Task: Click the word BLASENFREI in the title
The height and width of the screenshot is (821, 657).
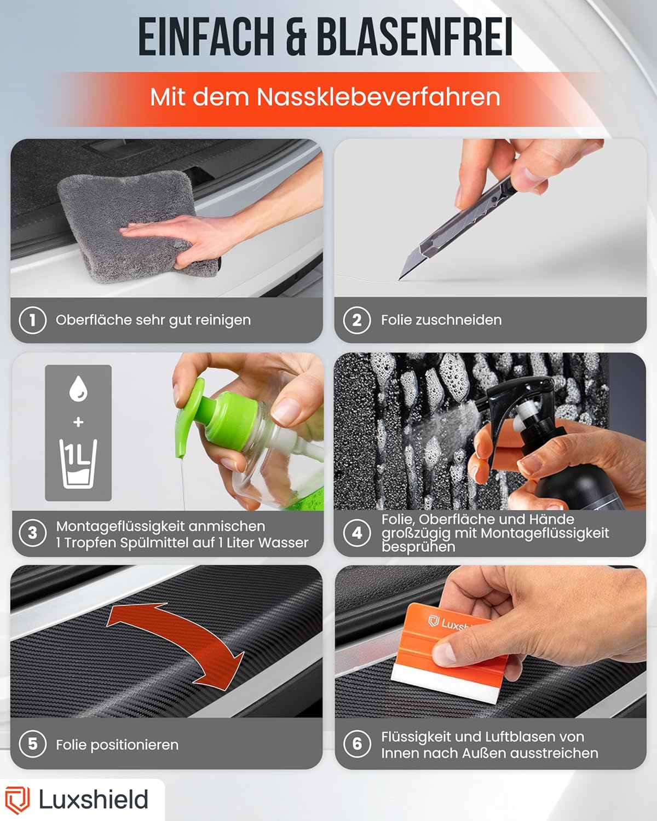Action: point(415,37)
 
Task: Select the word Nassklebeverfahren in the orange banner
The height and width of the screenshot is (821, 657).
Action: point(378,97)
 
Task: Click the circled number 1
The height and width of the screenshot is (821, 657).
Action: point(33,320)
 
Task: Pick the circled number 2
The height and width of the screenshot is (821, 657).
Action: point(357,320)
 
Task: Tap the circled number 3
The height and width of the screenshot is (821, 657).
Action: point(33,533)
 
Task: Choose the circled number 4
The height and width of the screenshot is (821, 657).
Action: point(357,533)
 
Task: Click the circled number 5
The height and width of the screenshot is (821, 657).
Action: point(33,744)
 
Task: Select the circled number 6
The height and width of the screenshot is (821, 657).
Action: point(357,744)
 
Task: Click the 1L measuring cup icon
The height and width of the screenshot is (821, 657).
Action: point(78,464)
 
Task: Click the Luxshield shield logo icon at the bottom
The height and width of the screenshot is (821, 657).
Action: point(17,800)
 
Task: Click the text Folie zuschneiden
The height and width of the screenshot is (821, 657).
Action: point(441,320)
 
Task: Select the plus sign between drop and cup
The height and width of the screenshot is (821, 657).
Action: point(78,423)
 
